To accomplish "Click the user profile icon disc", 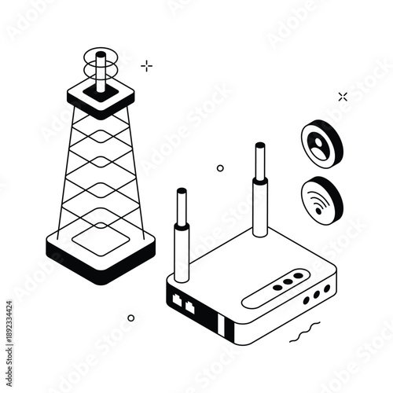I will tap(321, 143).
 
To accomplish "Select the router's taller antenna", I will tap(259, 189).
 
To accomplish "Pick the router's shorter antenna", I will tap(182, 236).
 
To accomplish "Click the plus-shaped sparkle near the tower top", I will tap(146, 66).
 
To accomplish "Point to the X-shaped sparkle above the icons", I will tap(342, 97).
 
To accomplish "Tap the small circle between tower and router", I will tap(220, 167).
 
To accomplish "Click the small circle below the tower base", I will tap(130, 318).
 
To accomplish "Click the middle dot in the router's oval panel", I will tap(287, 281).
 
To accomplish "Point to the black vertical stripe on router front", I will tap(223, 325).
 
